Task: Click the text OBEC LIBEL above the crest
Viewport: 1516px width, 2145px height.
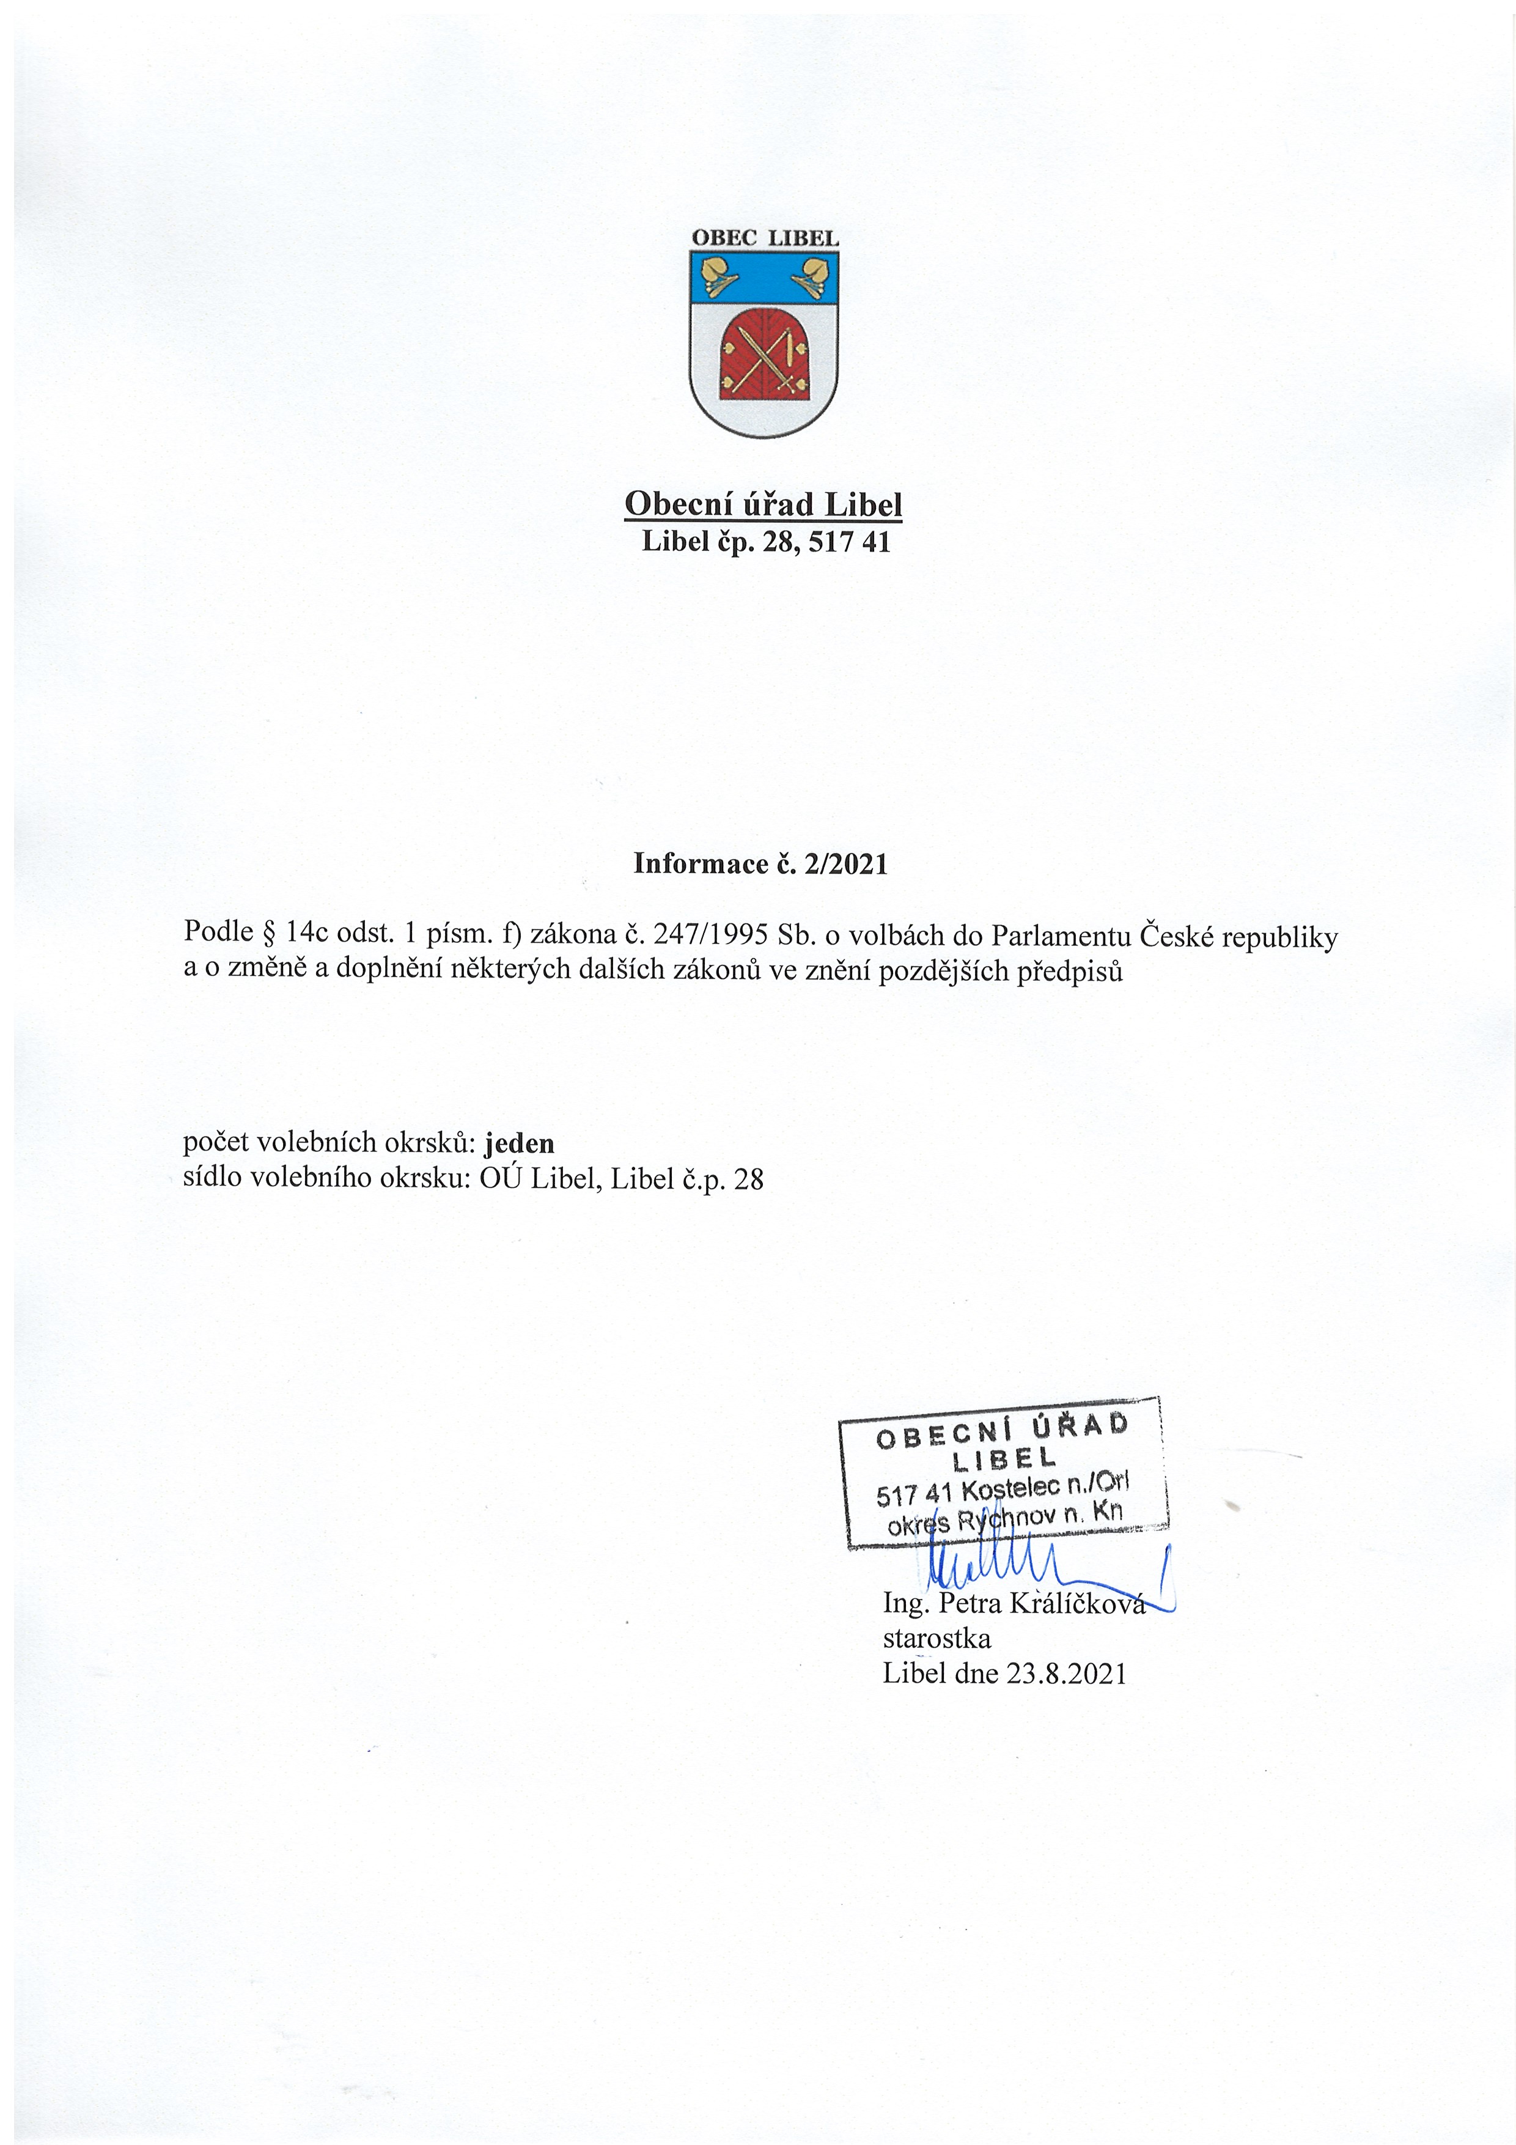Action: point(764,238)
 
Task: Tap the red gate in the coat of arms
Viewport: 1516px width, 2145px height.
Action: point(763,354)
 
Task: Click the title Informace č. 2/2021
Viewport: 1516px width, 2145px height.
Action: point(760,863)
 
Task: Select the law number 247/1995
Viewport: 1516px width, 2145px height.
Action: point(710,932)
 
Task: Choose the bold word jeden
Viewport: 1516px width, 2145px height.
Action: point(520,1143)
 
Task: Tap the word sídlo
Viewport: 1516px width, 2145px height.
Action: point(210,1178)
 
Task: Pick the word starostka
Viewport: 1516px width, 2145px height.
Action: point(937,1637)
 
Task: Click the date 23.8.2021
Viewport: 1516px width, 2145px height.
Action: point(1067,1672)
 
